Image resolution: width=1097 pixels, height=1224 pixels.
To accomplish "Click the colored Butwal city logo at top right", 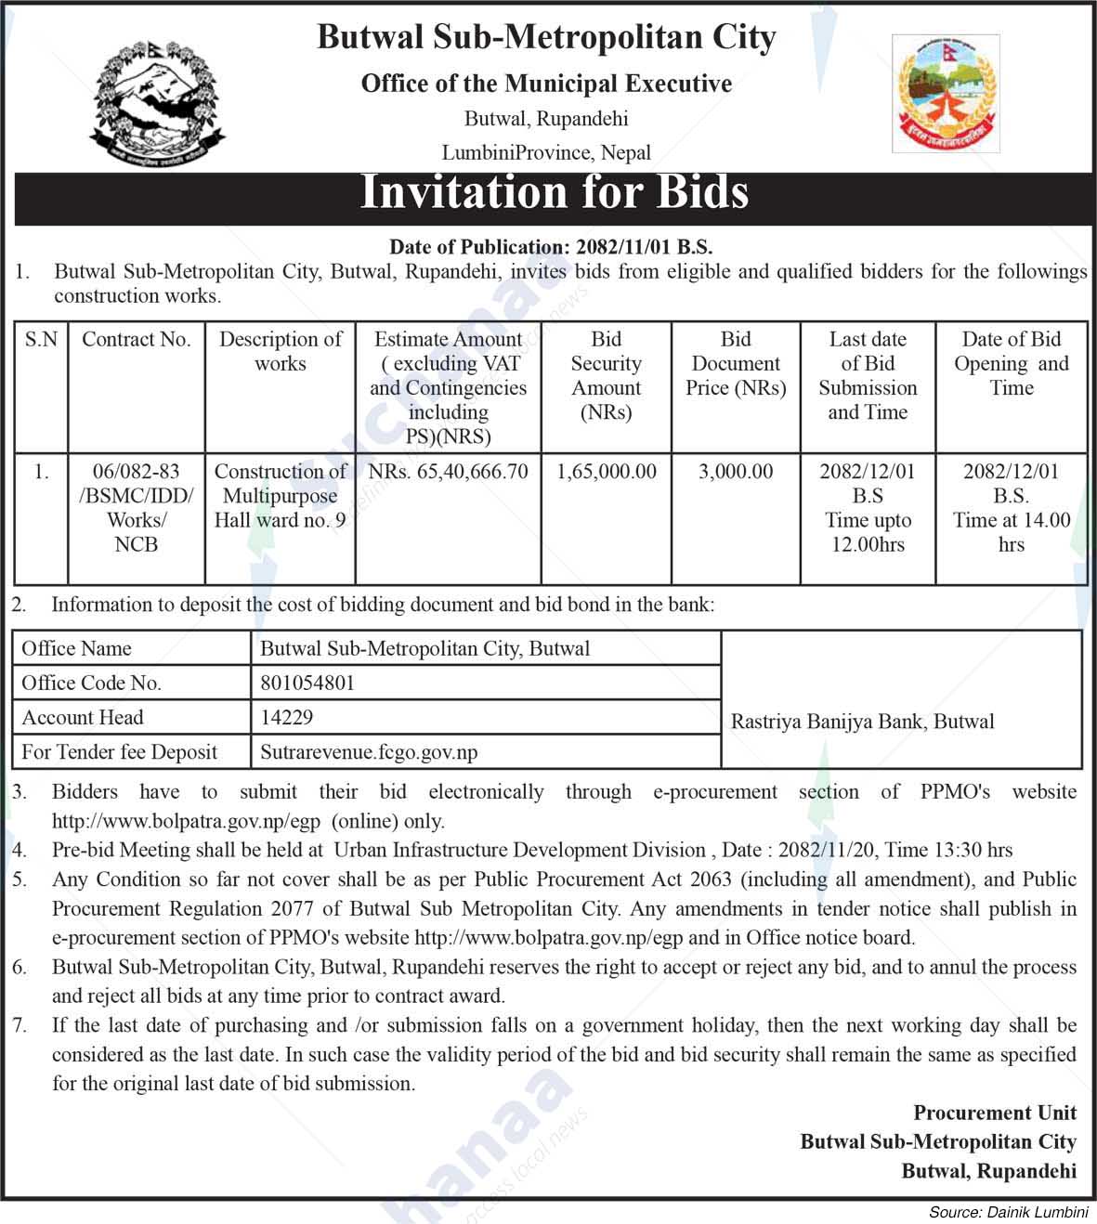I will pos(946,93).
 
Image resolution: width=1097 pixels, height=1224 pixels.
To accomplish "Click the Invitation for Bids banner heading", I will pos(554,193).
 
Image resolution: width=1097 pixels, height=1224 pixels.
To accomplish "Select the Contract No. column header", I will pos(136,340).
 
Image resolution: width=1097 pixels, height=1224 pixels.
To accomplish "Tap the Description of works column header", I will pos(280,351).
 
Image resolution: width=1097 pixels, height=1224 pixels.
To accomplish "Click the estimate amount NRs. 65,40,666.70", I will pos(448,472).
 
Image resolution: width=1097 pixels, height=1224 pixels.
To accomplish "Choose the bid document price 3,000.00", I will pos(736,472).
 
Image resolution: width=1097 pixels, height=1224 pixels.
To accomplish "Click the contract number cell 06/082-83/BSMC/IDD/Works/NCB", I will pos(136,507).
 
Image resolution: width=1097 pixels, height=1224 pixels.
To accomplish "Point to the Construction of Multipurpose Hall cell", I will pos(280,496).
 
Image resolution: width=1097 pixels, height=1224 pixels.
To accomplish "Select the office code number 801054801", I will pos(307,684).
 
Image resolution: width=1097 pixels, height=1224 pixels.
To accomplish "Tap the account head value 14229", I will pos(287,718).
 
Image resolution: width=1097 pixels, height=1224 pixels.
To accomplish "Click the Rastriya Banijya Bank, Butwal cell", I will pos(863,722).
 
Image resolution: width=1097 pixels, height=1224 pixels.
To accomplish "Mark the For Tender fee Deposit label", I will pos(120,752).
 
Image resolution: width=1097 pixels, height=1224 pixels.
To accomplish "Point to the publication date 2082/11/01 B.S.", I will pos(644,247).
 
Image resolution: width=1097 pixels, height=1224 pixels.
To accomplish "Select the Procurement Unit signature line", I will pos(995,1113).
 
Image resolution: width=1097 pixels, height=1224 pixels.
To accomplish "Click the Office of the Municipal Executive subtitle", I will pos(546,85).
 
